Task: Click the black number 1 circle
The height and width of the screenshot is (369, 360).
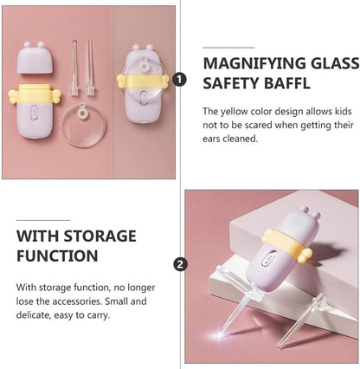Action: point(179,79)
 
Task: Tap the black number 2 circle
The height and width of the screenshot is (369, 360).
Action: point(179,264)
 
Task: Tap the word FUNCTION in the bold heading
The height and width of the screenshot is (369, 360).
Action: point(55,256)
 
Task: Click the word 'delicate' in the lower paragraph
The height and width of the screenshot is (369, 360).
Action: point(35,316)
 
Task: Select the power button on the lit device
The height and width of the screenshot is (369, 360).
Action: point(271,258)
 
